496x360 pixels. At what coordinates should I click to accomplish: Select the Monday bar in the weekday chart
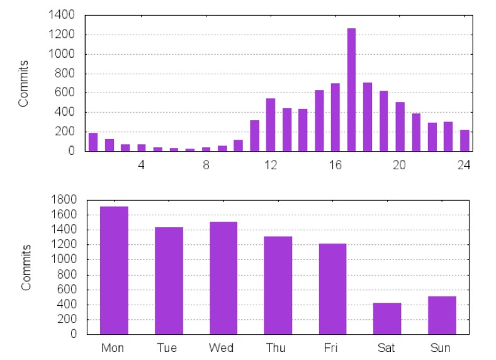tap(114, 271)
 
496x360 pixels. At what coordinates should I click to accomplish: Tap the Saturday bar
tap(386, 319)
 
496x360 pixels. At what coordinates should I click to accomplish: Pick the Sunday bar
tap(442, 315)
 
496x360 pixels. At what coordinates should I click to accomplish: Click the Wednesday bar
tap(223, 278)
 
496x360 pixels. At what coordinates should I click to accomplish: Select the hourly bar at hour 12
tap(271, 125)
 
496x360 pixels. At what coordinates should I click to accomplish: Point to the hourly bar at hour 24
tap(465, 140)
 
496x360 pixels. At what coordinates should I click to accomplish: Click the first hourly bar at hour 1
tap(93, 142)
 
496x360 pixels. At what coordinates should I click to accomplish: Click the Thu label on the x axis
tap(278, 348)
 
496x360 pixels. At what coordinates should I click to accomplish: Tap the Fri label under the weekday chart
tap(332, 348)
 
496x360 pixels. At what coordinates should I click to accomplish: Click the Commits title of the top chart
tap(23, 83)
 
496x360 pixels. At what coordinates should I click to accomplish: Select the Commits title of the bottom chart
tap(26, 267)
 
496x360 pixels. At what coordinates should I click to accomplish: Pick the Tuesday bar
tap(169, 281)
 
